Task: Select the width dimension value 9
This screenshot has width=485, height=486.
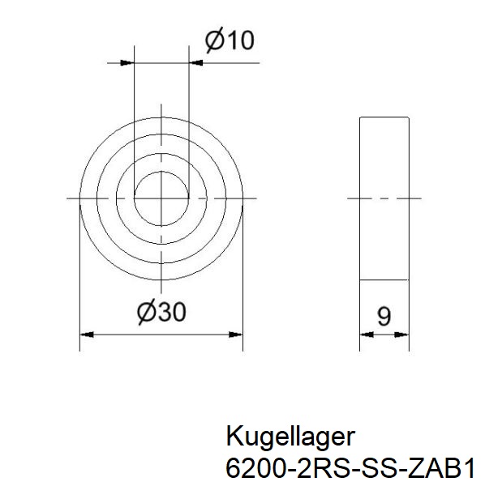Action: point(384,316)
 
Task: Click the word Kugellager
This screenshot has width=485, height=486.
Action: point(290,437)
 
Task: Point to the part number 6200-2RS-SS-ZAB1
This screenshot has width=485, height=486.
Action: point(350,467)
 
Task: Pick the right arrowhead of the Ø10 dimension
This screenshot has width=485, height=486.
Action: point(195,62)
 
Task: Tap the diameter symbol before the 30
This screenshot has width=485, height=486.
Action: point(147,311)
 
